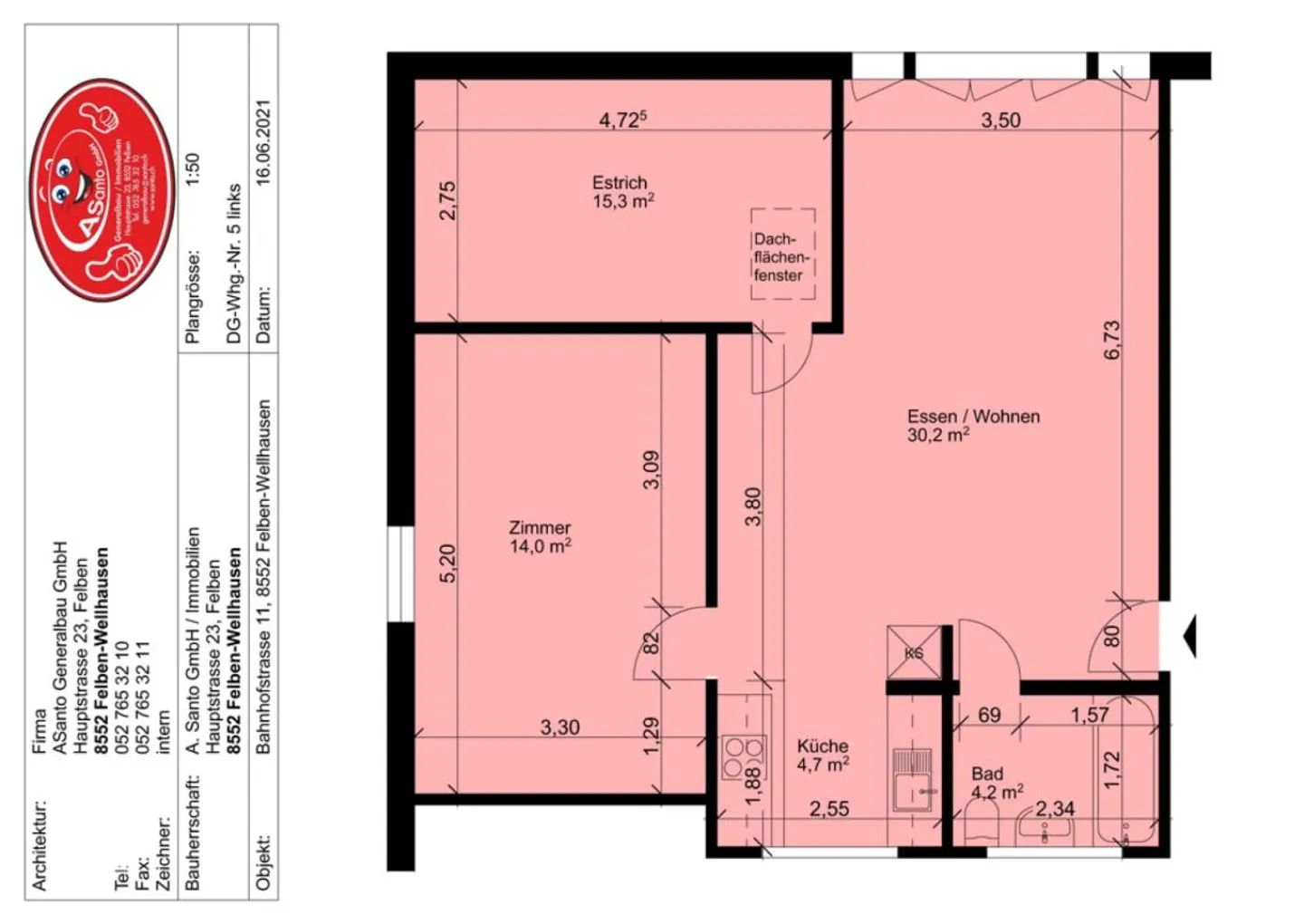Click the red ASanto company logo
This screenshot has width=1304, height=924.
click(x=102, y=188)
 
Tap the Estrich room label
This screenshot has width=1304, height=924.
click(x=622, y=191)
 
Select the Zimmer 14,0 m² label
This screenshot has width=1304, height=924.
click(x=540, y=536)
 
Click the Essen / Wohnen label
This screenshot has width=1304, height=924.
click(x=973, y=425)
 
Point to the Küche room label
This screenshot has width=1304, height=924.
click(x=822, y=755)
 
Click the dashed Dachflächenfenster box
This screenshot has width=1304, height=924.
click(x=782, y=255)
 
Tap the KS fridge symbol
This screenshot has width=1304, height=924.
click(x=913, y=652)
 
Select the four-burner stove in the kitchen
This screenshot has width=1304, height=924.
click(x=743, y=757)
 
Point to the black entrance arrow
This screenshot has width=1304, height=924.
click(x=1190, y=636)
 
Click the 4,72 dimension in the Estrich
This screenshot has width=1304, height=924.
click(x=622, y=120)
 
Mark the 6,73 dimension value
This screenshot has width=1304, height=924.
click(x=1112, y=340)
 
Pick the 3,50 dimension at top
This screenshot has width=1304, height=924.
click(x=1001, y=120)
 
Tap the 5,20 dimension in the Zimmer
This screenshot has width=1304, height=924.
click(x=447, y=563)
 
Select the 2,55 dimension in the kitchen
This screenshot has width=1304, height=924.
click(x=829, y=809)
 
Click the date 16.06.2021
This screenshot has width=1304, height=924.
click(x=263, y=142)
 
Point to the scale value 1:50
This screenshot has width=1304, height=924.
click(x=191, y=169)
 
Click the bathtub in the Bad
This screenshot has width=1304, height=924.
click(x=1125, y=775)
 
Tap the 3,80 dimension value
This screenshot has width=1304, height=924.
click(x=753, y=506)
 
